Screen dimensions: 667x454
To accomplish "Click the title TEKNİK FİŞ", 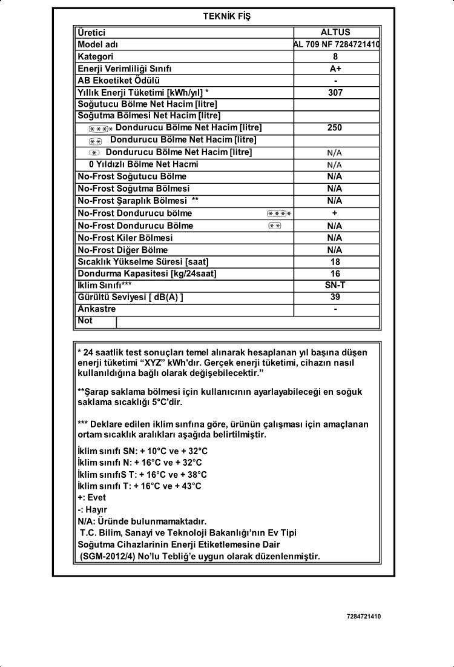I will (x=227, y=17).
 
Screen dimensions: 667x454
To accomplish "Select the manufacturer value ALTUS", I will (x=335, y=33).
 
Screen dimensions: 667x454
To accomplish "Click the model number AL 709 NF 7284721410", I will (x=337, y=45).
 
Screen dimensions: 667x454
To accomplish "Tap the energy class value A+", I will (x=335, y=69).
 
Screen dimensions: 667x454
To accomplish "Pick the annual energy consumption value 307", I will (x=335, y=93).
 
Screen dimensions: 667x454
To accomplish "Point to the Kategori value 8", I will (x=335, y=57).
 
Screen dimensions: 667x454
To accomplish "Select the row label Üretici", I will (x=91, y=33).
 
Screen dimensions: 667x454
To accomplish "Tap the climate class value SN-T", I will (x=335, y=285).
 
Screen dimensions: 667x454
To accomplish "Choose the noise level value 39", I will (x=335, y=297).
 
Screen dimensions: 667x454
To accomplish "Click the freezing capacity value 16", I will (x=335, y=273).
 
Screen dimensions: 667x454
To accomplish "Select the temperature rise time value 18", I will (x=335, y=262).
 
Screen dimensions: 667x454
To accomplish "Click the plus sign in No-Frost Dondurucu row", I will (x=335, y=213).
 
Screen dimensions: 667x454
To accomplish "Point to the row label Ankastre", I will (x=97, y=309).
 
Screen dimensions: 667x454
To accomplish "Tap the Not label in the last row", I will (x=85, y=321).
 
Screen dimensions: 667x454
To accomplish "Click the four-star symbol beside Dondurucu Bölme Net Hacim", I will (x=100, y=129).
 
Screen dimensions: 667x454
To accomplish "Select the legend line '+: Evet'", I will (x=92, y=498).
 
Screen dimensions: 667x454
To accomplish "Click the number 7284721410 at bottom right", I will (x=364, y=617).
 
